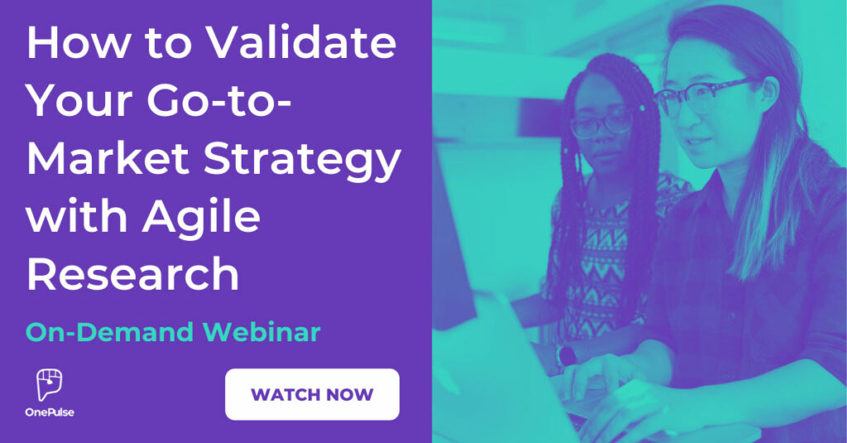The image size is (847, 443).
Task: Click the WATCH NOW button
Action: coord(312,394)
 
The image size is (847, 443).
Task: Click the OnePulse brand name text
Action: coord(50,412)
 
